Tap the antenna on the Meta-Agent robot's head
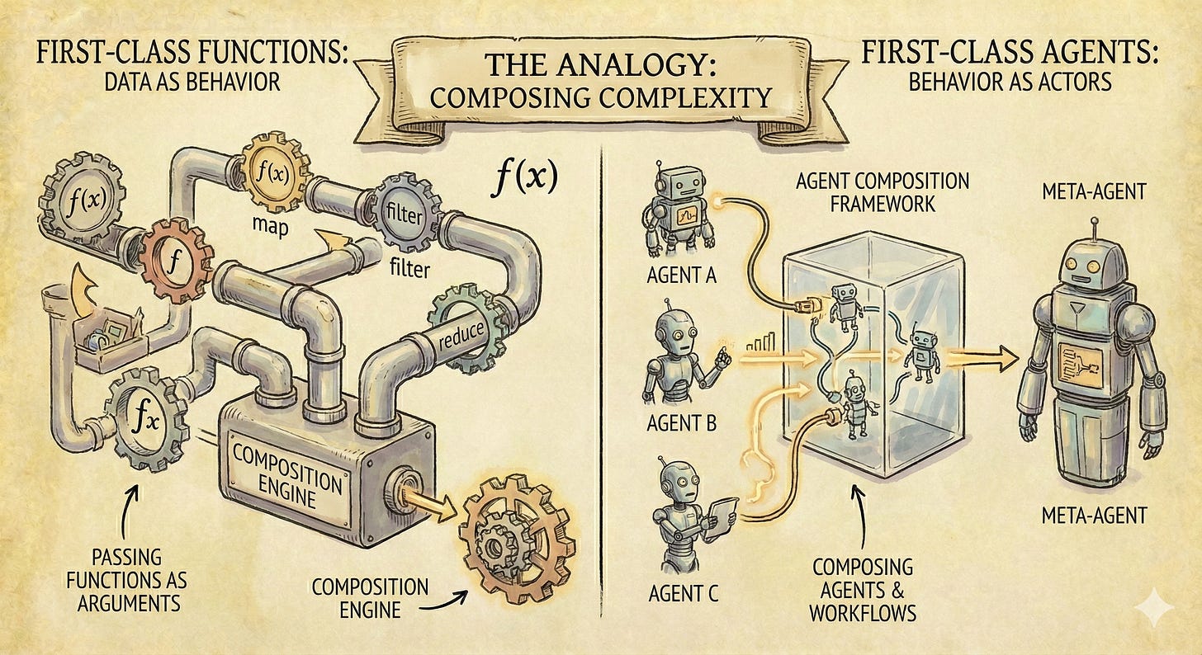1094,226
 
